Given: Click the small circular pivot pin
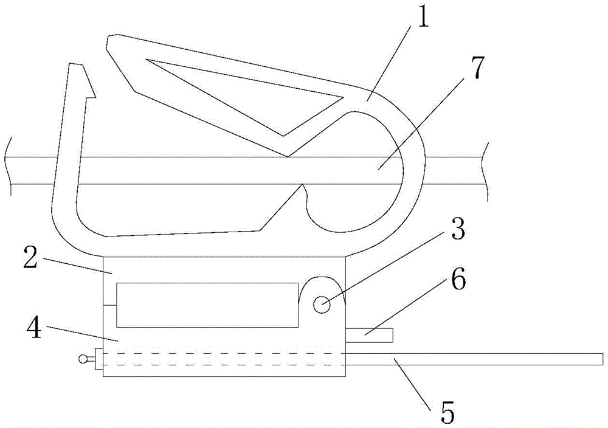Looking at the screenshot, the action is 322,305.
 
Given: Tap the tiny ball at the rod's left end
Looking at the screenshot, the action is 83,359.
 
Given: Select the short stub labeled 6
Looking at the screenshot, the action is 369,336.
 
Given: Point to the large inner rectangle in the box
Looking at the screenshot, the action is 207,305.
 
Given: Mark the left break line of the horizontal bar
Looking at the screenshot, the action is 10,167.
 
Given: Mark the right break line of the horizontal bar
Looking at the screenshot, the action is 486,171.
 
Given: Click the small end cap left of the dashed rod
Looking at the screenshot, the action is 98,359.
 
